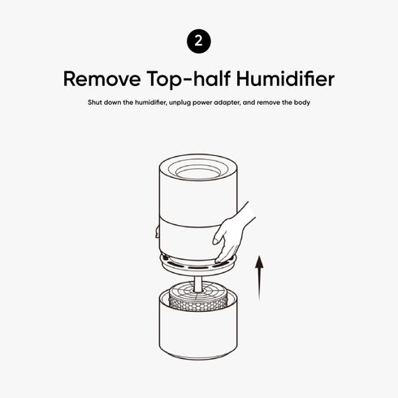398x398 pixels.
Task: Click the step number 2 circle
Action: pos(199,41)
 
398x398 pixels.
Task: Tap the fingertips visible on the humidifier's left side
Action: pos(155,233)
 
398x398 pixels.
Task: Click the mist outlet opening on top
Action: pos(198,171)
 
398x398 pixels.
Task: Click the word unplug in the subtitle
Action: pos(191,104)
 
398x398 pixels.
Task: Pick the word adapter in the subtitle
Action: pos(242,104)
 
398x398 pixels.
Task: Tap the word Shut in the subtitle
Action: pos(96,104)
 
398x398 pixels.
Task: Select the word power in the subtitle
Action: pos(216,104)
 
